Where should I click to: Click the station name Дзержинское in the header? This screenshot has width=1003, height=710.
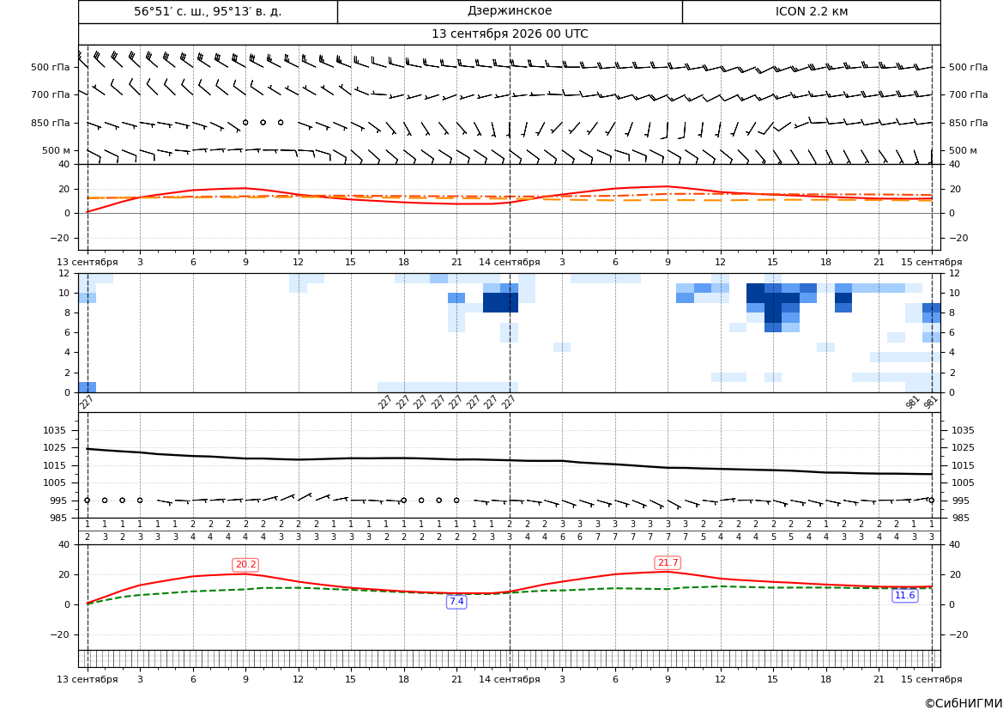(x=509, y=11)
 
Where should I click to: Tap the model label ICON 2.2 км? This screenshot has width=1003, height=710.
(x=811, y=11)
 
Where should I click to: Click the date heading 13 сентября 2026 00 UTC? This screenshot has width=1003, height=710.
(x=510, y=34)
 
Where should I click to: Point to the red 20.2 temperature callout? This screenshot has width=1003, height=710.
(x=245, y=565)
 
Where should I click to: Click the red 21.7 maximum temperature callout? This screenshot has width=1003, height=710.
(x=668, y=562)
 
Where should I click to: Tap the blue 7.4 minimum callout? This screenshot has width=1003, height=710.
(x=456, y=602)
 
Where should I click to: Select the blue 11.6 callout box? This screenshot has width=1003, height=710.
(x=904, y=596)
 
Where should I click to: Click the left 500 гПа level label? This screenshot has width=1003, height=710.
(x=51, y=67)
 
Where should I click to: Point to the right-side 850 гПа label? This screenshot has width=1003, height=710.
(x=968, y=123)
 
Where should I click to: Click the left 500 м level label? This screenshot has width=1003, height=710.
(x=56, y=150)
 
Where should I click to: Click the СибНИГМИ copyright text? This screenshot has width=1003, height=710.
(x=964, y=703)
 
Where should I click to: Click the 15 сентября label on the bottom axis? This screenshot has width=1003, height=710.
(x=932, y=679)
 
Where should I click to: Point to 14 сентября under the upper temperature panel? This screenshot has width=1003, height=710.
(x=509, y=262)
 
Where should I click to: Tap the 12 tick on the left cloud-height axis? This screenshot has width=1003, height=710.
(x=65, y=273)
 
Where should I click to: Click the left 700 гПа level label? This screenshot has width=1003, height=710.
(x=51, y=94)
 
